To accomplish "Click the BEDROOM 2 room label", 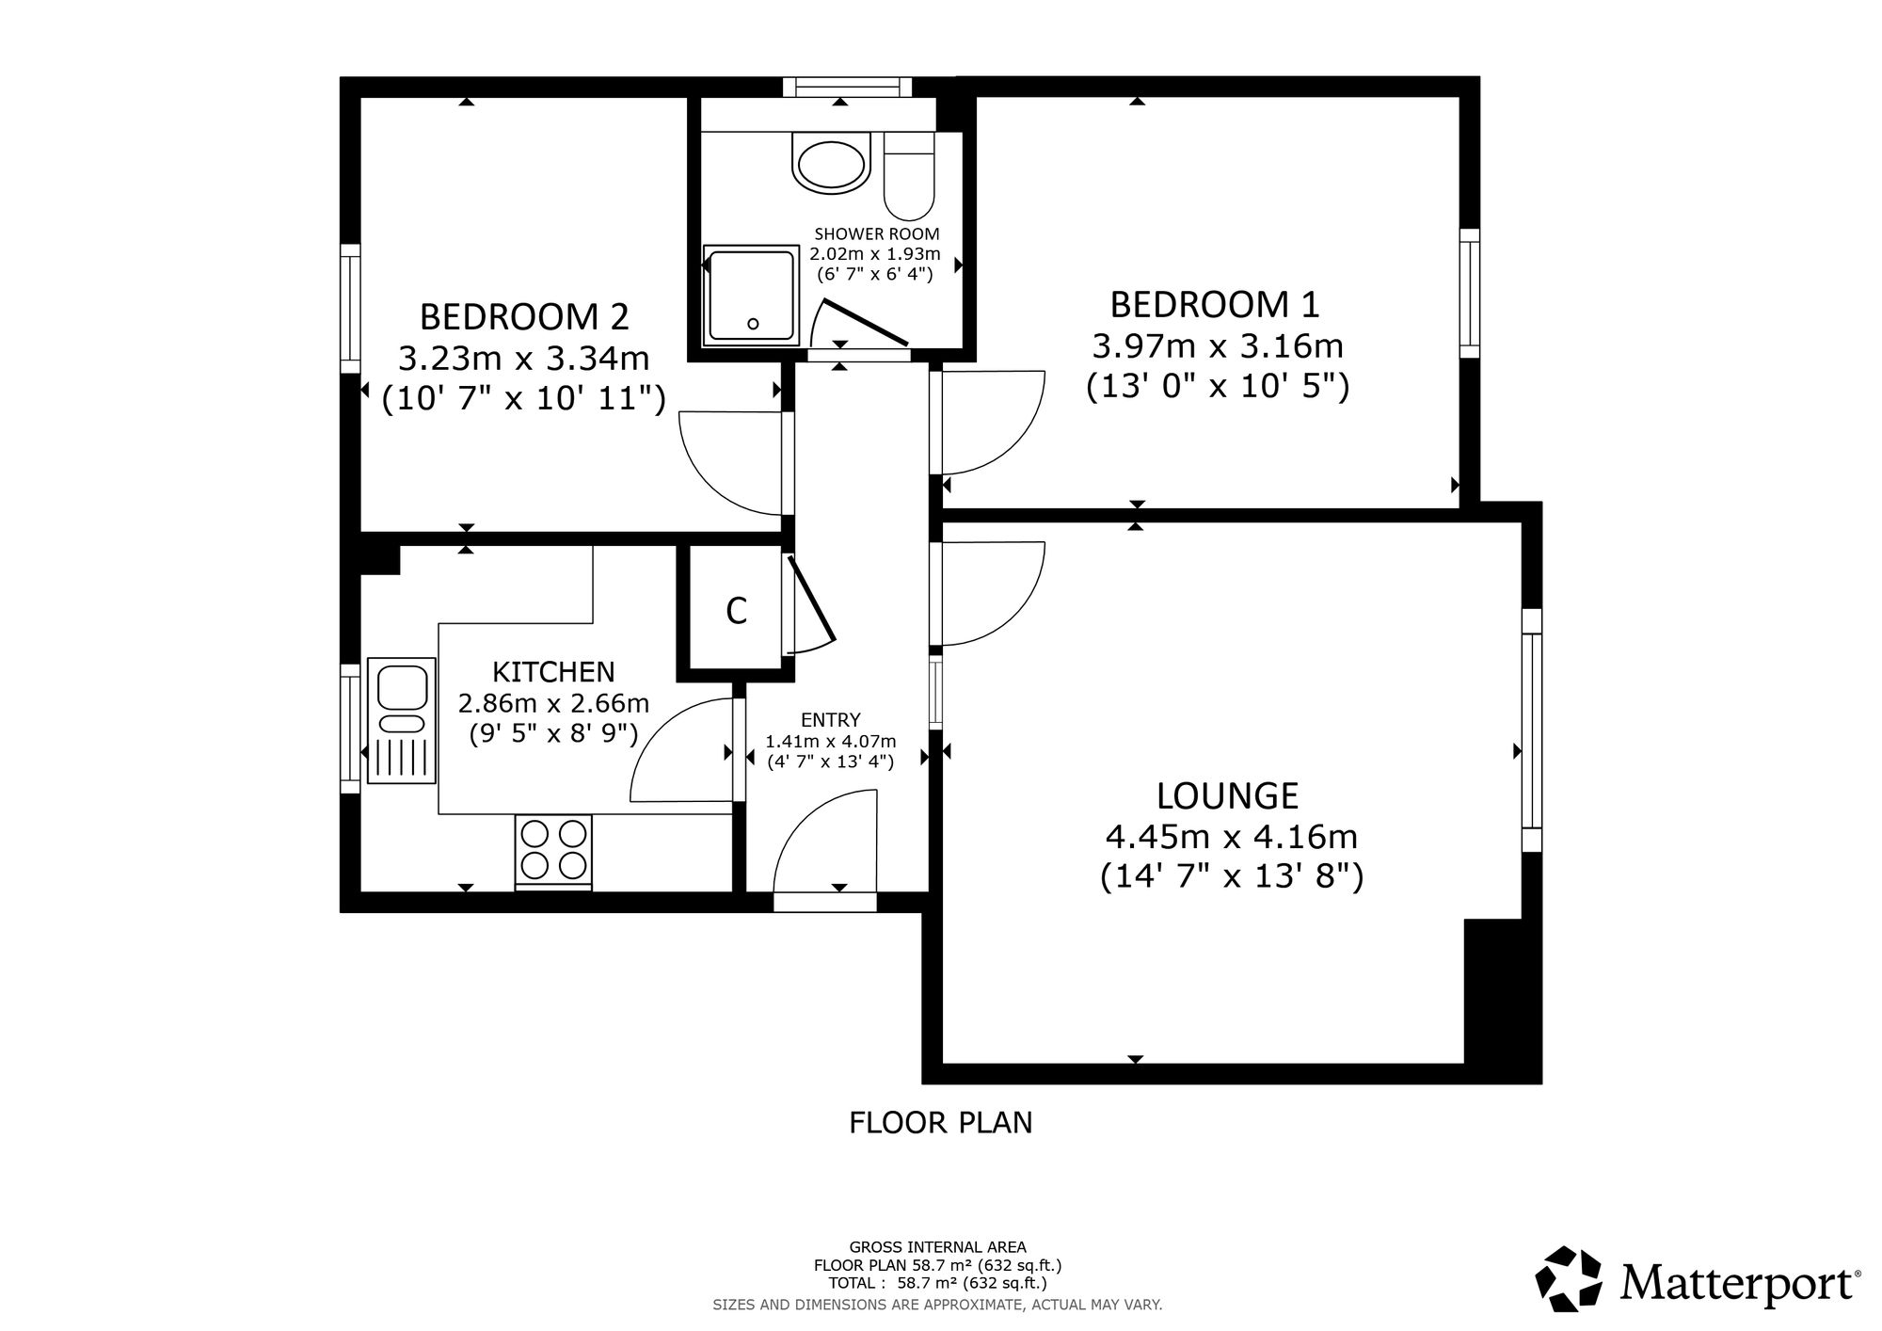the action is click(524, 317).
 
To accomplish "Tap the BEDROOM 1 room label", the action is click(1216, 305).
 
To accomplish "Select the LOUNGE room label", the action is click(1228, 796).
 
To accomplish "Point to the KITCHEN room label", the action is click(554, 672).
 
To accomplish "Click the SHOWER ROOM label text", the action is click(877, 233).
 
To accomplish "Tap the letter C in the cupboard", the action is click(737, 612).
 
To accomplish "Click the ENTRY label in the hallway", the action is click(831, 720).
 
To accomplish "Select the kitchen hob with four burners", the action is click(553, 851).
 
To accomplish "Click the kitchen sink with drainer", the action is click(402, 720).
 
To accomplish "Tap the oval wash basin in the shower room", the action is click(830, 167).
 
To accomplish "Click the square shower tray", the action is click(751, 296).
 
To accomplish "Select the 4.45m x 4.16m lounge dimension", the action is click(1232, 836).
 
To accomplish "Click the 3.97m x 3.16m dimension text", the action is click(1218, 346).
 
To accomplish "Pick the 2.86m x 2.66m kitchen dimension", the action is click(554, 703).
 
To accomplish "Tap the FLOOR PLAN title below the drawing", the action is click(941, 1123).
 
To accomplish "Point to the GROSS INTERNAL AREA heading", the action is click(938, 1247).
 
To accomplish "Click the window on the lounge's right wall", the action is click(1532, 730).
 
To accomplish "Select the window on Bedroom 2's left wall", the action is click(350, 309).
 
